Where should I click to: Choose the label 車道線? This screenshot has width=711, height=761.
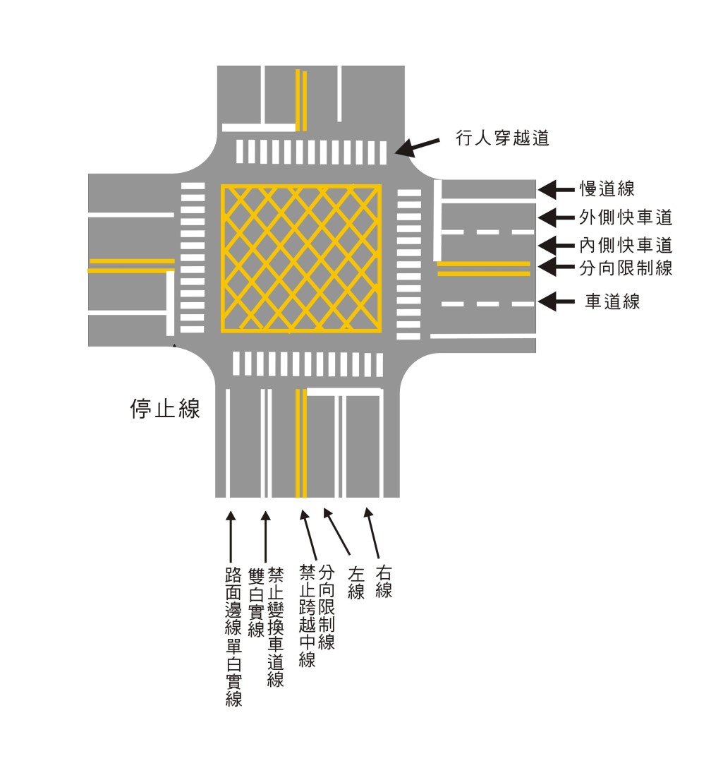click(x=612, y=302)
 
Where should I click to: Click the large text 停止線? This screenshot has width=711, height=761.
click(x=165, y=409)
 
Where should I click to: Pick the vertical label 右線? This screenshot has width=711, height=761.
click(x=383, y=580)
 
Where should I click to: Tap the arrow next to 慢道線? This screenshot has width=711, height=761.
click(x=557, y=188)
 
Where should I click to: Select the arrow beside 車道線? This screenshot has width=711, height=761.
click(x=557, y=302)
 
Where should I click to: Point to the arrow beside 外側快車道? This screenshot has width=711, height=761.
click(x=557, y=217)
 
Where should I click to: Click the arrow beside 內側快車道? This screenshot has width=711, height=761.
click(x=557, y=246)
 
